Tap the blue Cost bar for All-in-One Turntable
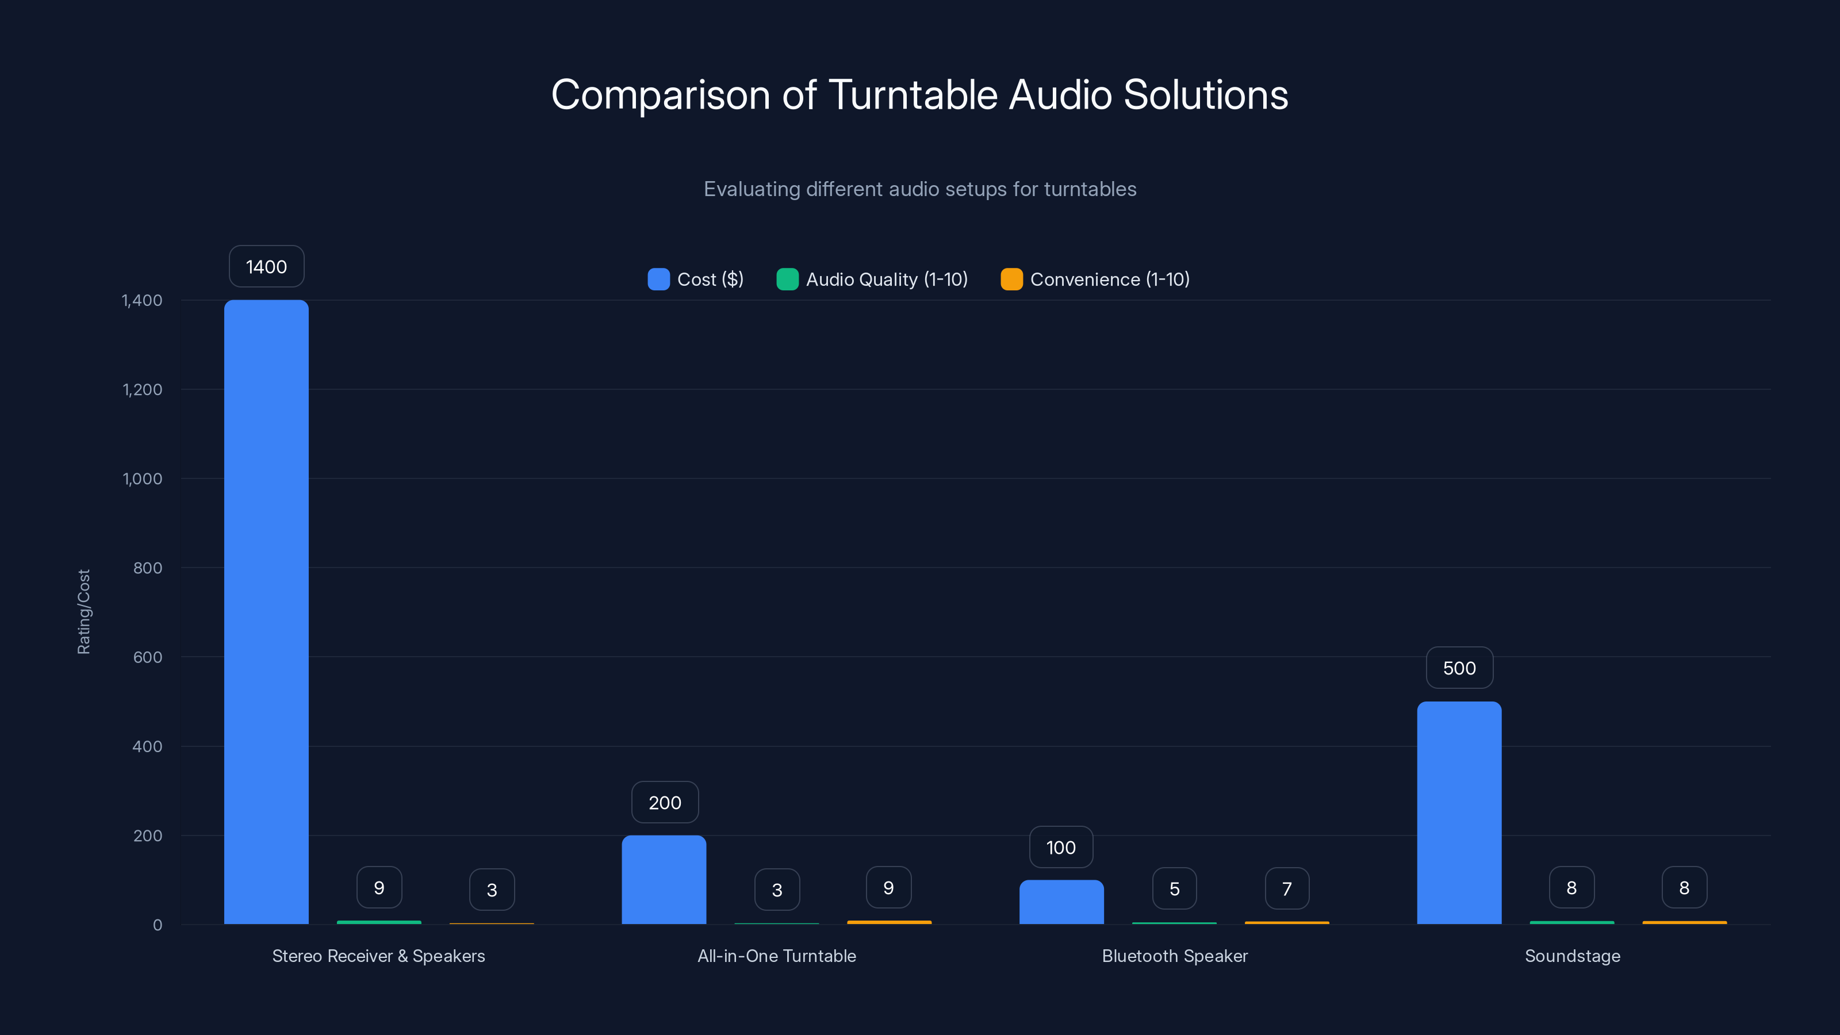664,879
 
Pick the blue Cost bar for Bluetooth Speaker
1061,902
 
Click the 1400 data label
266,266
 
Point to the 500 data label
1459,668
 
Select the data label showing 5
1174,888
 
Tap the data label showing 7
1286,888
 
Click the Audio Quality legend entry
872,279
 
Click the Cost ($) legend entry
696,279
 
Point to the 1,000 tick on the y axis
142,478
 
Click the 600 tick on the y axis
147,657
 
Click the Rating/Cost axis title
83,611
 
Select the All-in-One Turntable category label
776,956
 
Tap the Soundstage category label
1572,956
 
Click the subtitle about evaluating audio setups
919,189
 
